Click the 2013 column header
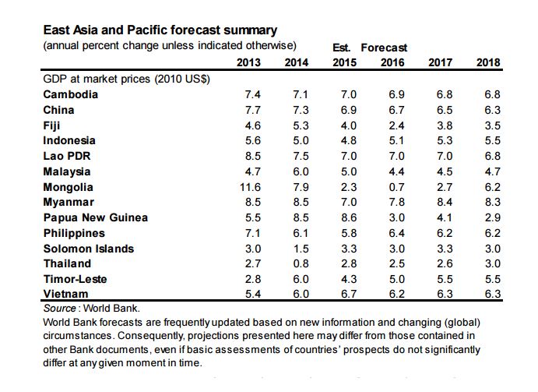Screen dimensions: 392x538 pos(248,62)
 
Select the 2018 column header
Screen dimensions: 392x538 pos(488,62)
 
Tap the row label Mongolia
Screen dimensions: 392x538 pos(68,187)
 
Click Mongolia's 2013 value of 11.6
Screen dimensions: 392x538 pos(251,187)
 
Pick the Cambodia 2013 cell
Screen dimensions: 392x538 pos(252,94)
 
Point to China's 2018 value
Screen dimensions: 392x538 pos(492,110)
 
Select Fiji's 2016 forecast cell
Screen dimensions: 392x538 pos(396,125)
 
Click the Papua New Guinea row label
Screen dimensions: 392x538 pos(95,217)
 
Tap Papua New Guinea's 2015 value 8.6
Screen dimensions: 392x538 pos(348,217)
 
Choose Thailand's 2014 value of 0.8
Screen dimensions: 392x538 pos(301,263)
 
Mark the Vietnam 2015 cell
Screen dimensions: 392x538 pos(348,295)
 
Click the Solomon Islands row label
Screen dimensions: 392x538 pos(88,249)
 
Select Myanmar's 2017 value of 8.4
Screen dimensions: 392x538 pos(445,203)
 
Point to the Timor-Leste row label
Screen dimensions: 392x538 pos(75,279)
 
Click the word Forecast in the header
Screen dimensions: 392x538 pos(384,48)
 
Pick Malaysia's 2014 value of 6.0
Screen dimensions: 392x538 pos(301,171)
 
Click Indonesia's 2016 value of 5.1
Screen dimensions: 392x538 pos(396,140)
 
